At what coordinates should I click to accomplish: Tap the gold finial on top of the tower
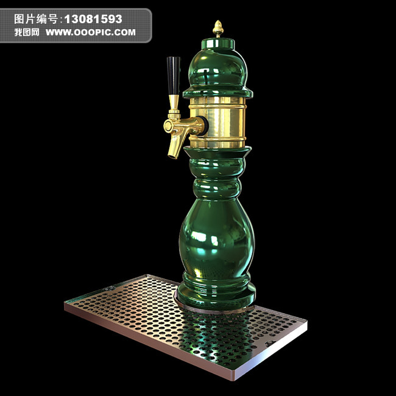217,28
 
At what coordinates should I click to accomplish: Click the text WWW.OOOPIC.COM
91,32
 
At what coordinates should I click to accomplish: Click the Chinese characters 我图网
27,32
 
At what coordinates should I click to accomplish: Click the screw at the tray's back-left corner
111,288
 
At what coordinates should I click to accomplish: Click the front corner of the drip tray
231,377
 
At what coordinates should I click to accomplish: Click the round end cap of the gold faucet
168,126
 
